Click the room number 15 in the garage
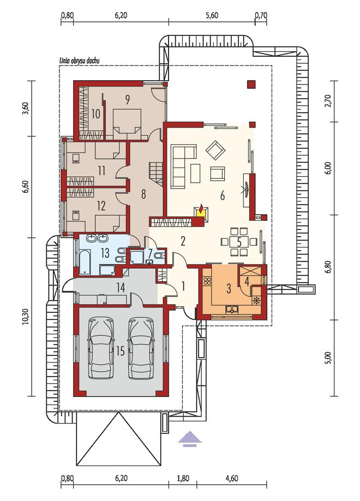point(121,352)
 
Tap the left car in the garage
point(101,348)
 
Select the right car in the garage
point(141,348)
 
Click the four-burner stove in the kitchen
point(207,281)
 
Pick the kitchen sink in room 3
point(231,309)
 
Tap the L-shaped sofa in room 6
point(181,166)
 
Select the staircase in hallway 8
point(155,174)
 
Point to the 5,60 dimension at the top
point(212,15)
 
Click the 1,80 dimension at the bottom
point(183,478)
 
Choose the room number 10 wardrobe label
point(95,114)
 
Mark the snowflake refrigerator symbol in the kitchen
point(257,300)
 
